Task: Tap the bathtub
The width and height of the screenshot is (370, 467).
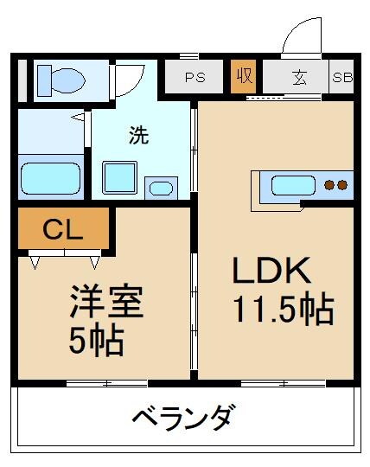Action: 49,178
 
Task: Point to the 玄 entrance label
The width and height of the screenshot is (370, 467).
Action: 298,77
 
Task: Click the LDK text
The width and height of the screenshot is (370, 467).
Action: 270,272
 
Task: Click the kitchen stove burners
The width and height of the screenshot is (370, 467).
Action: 335,184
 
